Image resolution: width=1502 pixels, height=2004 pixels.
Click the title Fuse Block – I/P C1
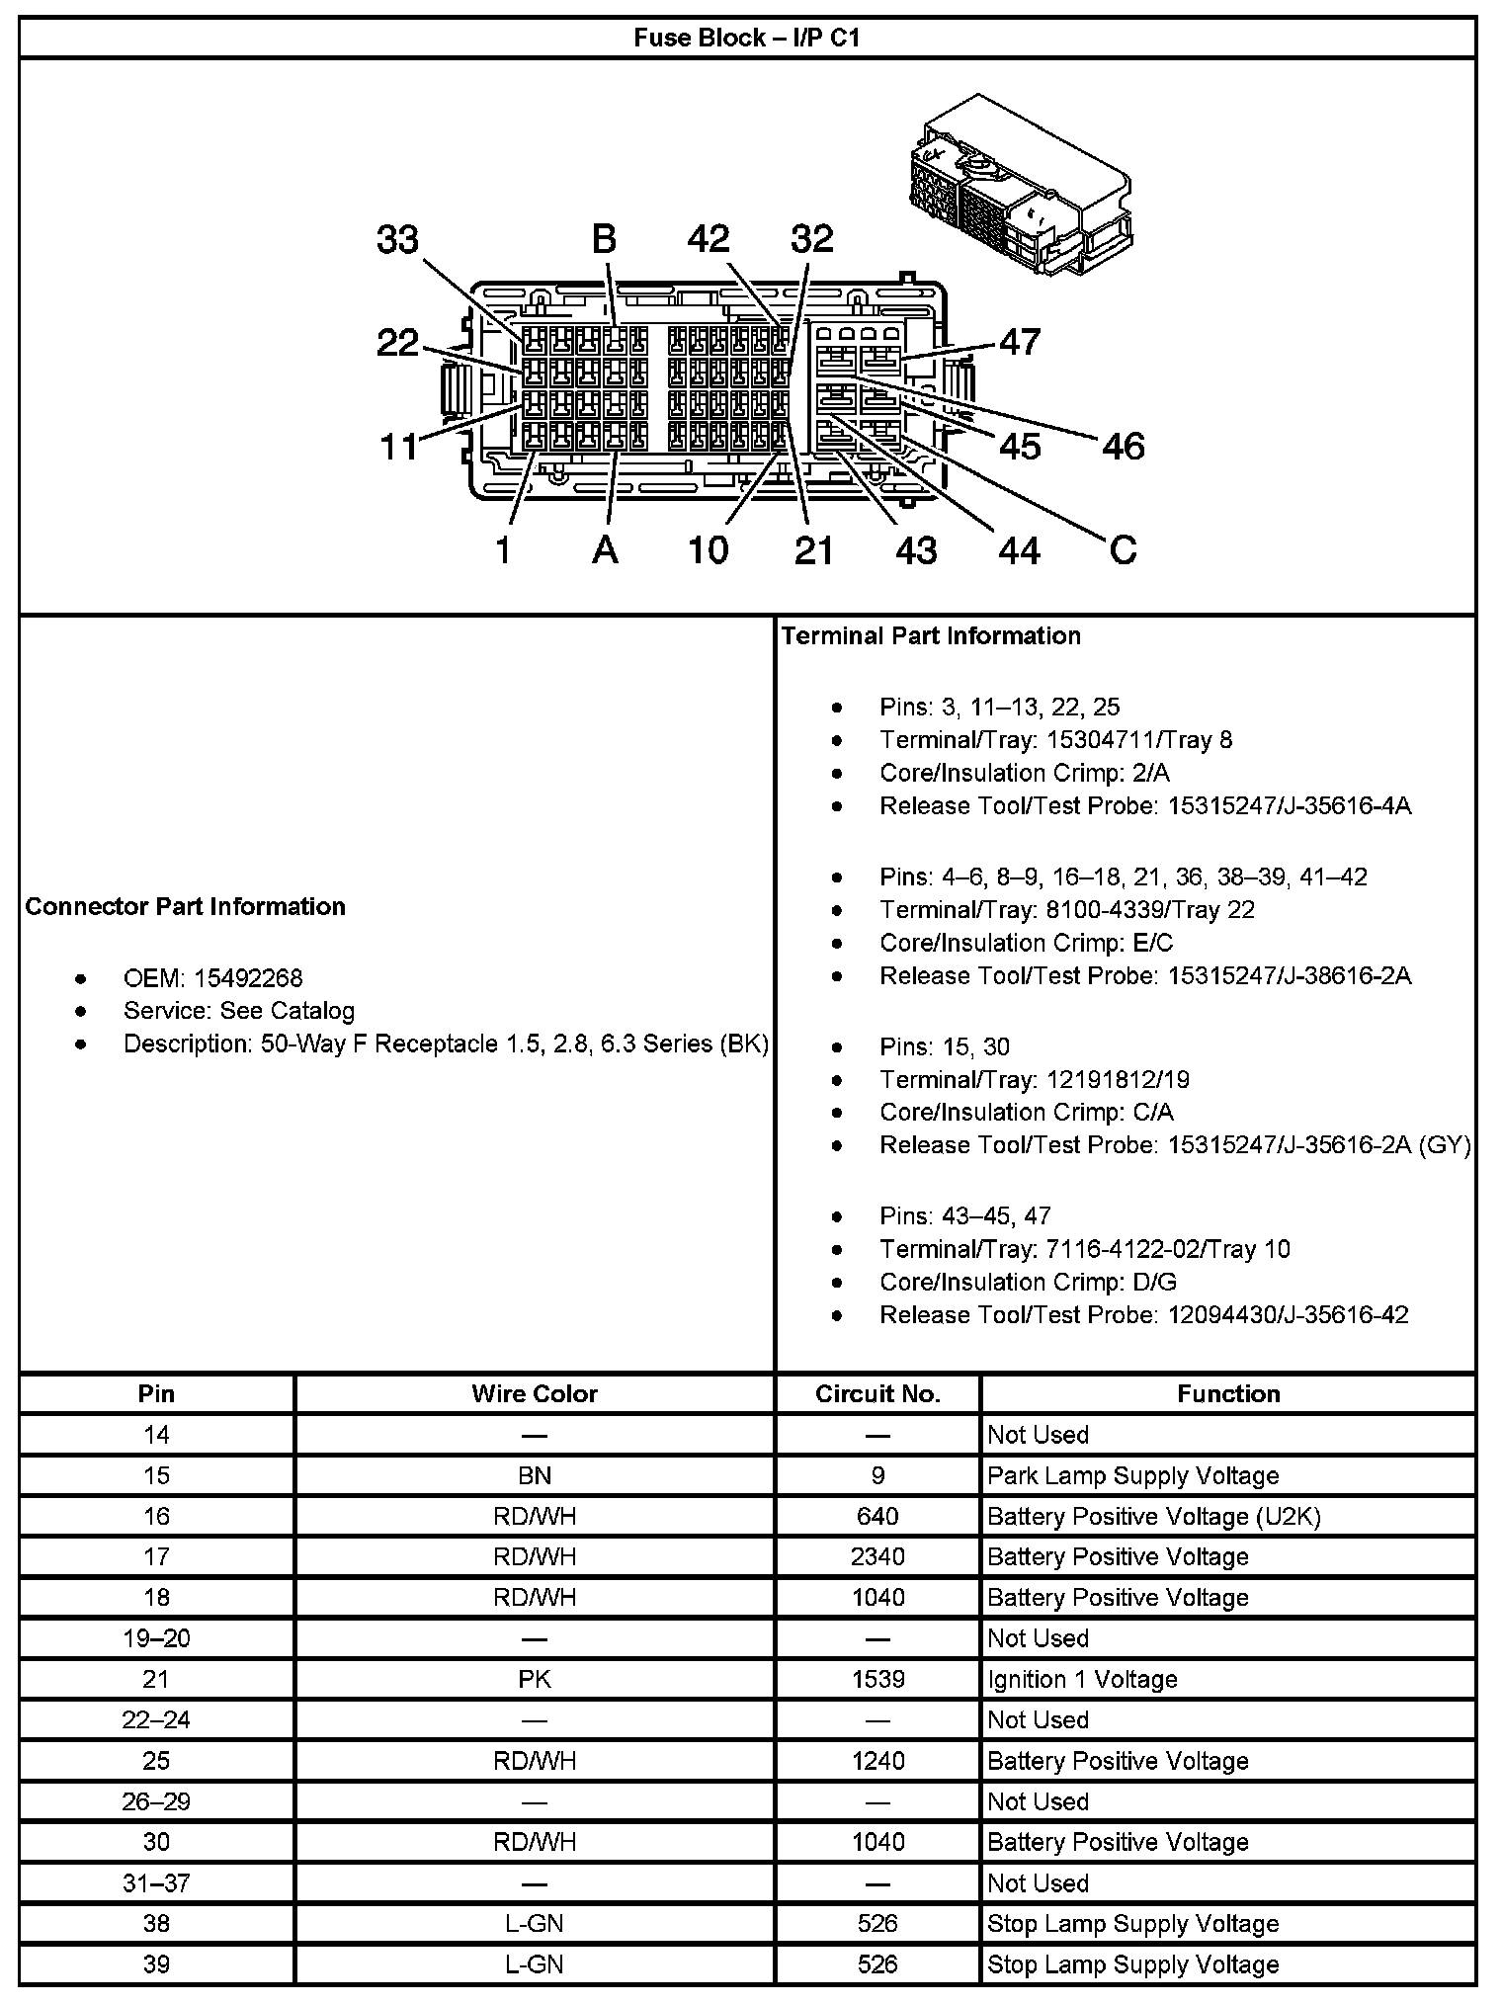[x=747, y=39]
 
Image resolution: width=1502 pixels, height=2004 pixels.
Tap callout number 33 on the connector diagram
[x=397, y=239]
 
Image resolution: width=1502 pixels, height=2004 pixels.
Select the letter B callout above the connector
[x=604, y=239]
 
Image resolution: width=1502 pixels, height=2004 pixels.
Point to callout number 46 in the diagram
[x=1123, y=447]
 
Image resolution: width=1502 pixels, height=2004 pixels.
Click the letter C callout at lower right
[x=1124, y=549]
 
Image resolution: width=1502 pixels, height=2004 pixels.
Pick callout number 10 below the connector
[x=708, y=550]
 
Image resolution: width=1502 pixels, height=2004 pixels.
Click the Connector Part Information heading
[x=186, y=907]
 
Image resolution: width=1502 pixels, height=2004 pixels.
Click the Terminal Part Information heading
[x=931, y=635]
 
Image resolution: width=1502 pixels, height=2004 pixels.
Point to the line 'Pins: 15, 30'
[x=944, y=1046]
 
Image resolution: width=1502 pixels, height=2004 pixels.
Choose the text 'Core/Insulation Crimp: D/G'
[x=1028, y=1282]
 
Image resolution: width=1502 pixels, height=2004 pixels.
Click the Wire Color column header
[x=535, y=1393]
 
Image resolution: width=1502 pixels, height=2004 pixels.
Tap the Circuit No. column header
[x=877, y=1393]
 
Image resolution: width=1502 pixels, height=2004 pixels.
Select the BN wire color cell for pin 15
[x=535, y=1475]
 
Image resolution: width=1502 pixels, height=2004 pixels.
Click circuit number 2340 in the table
[x=877, y=1556]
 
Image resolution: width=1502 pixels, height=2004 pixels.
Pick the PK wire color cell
[x=535, y=1679]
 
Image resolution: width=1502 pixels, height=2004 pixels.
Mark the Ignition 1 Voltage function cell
[x=1082, y=1679]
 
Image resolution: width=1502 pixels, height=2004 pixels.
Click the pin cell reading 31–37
[x=156, y=1882]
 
